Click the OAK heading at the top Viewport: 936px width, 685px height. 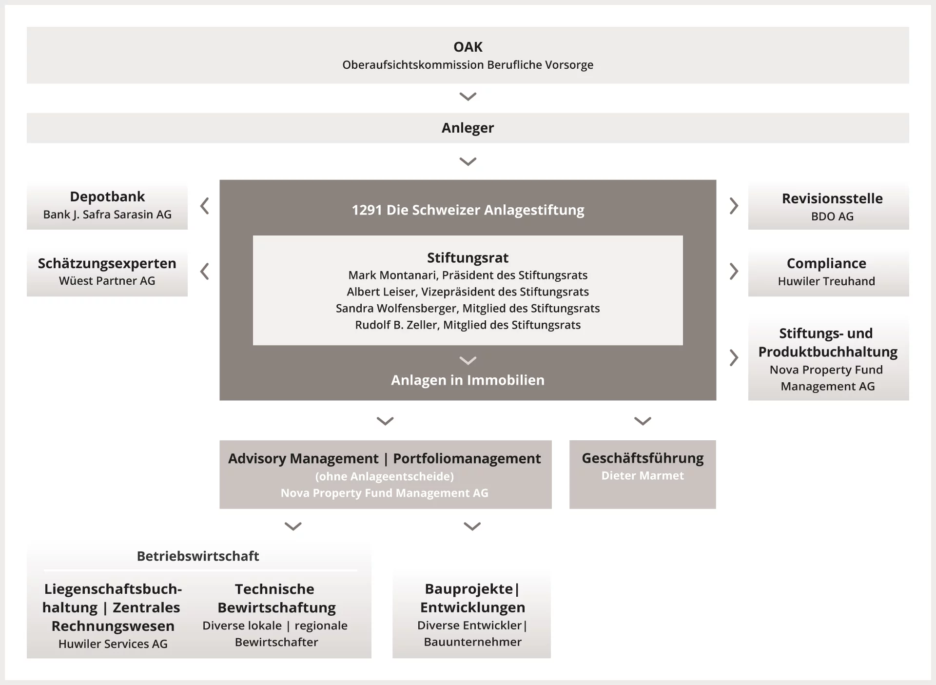(468, 47)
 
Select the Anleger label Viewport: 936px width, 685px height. (468, 128)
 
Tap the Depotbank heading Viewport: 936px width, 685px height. (107, 196)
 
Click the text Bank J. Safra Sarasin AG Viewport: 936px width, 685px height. (107, 215)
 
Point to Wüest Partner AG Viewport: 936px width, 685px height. (107, 281)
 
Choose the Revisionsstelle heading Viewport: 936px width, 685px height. (832, 198)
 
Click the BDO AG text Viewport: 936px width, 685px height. (832, 216)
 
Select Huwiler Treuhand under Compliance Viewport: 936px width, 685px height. (826, 281)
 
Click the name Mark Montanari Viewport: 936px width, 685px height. (393, 275)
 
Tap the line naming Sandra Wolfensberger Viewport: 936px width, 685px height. (468, 309)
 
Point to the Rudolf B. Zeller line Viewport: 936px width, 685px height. (468, 325)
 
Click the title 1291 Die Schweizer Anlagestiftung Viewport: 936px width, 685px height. (468, 210)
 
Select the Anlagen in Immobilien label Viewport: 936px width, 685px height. (468, 380)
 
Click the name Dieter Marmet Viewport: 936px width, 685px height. (643, 476)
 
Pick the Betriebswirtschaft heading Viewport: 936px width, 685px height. (198, 556)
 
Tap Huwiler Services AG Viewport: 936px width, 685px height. (113, 644)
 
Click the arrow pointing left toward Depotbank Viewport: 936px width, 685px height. (205, 206)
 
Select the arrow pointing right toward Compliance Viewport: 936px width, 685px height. (734, 271)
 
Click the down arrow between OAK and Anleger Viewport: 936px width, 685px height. (468, 97)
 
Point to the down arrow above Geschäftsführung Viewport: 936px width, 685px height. (643, 421)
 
